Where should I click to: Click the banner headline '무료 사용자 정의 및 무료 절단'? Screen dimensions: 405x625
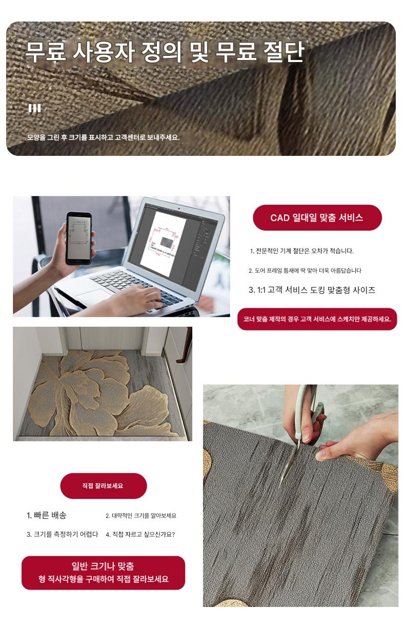[165, 52]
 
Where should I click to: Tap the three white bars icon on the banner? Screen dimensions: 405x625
[34, 108]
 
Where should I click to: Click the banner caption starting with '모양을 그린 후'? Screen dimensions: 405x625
[103, 137]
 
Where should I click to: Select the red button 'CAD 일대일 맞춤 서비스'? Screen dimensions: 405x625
[317, 217]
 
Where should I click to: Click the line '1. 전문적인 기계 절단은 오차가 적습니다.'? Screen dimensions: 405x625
[302, 251]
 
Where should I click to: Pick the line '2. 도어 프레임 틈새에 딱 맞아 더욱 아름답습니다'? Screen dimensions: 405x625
[305, 270]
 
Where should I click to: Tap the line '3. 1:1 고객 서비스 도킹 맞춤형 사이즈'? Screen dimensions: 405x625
[312, 290]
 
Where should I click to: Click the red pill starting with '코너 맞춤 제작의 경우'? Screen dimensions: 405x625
[317, 319]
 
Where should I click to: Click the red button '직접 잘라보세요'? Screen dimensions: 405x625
[104, 486]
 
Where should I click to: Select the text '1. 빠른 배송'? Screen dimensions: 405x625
[46, 515]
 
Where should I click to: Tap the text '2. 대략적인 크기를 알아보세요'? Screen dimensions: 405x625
[141, 516]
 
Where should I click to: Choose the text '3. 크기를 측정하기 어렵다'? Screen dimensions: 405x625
[63, 534]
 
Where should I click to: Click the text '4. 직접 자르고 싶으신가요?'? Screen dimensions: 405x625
[140, 534]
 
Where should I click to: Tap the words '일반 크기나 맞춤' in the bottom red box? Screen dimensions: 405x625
[103, 566]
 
